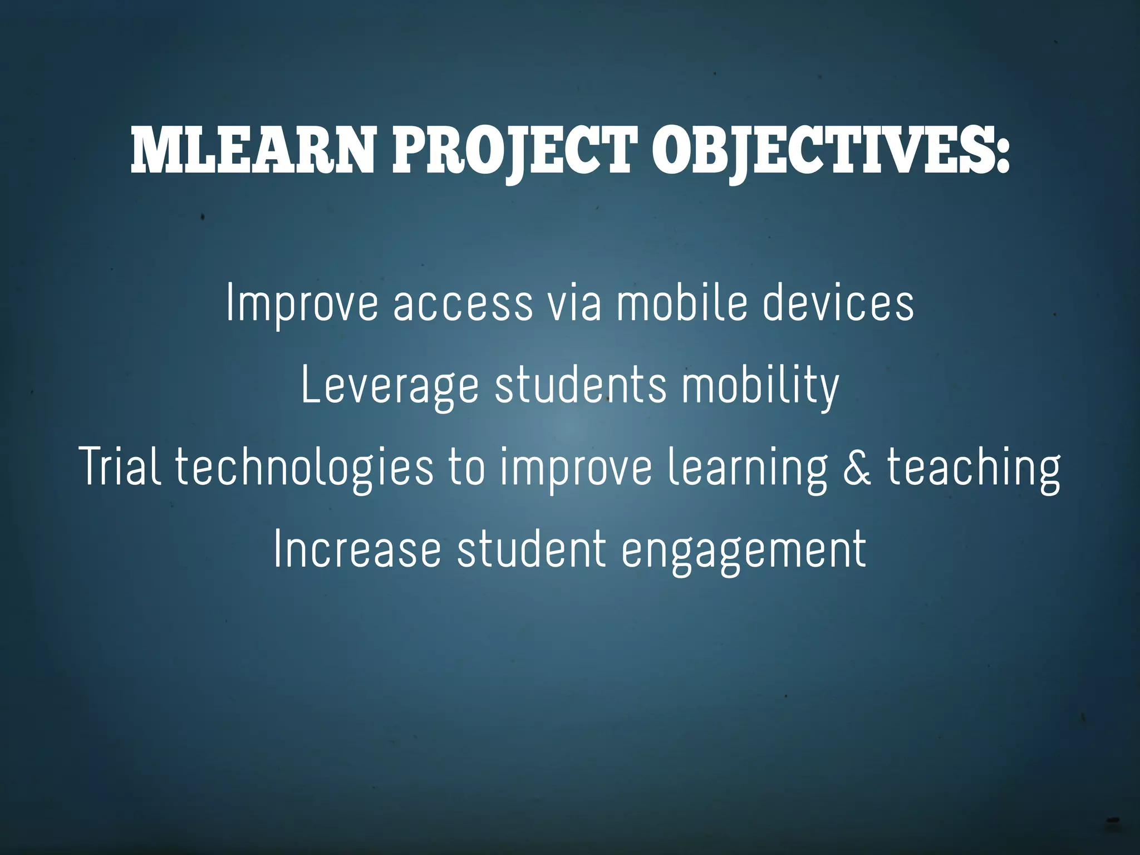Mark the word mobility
coord(760,385)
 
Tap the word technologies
coord(304,468)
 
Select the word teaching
coord(974,468)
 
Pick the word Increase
coord(357,550)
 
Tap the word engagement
coord(744,551)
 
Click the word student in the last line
coord(531,549)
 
